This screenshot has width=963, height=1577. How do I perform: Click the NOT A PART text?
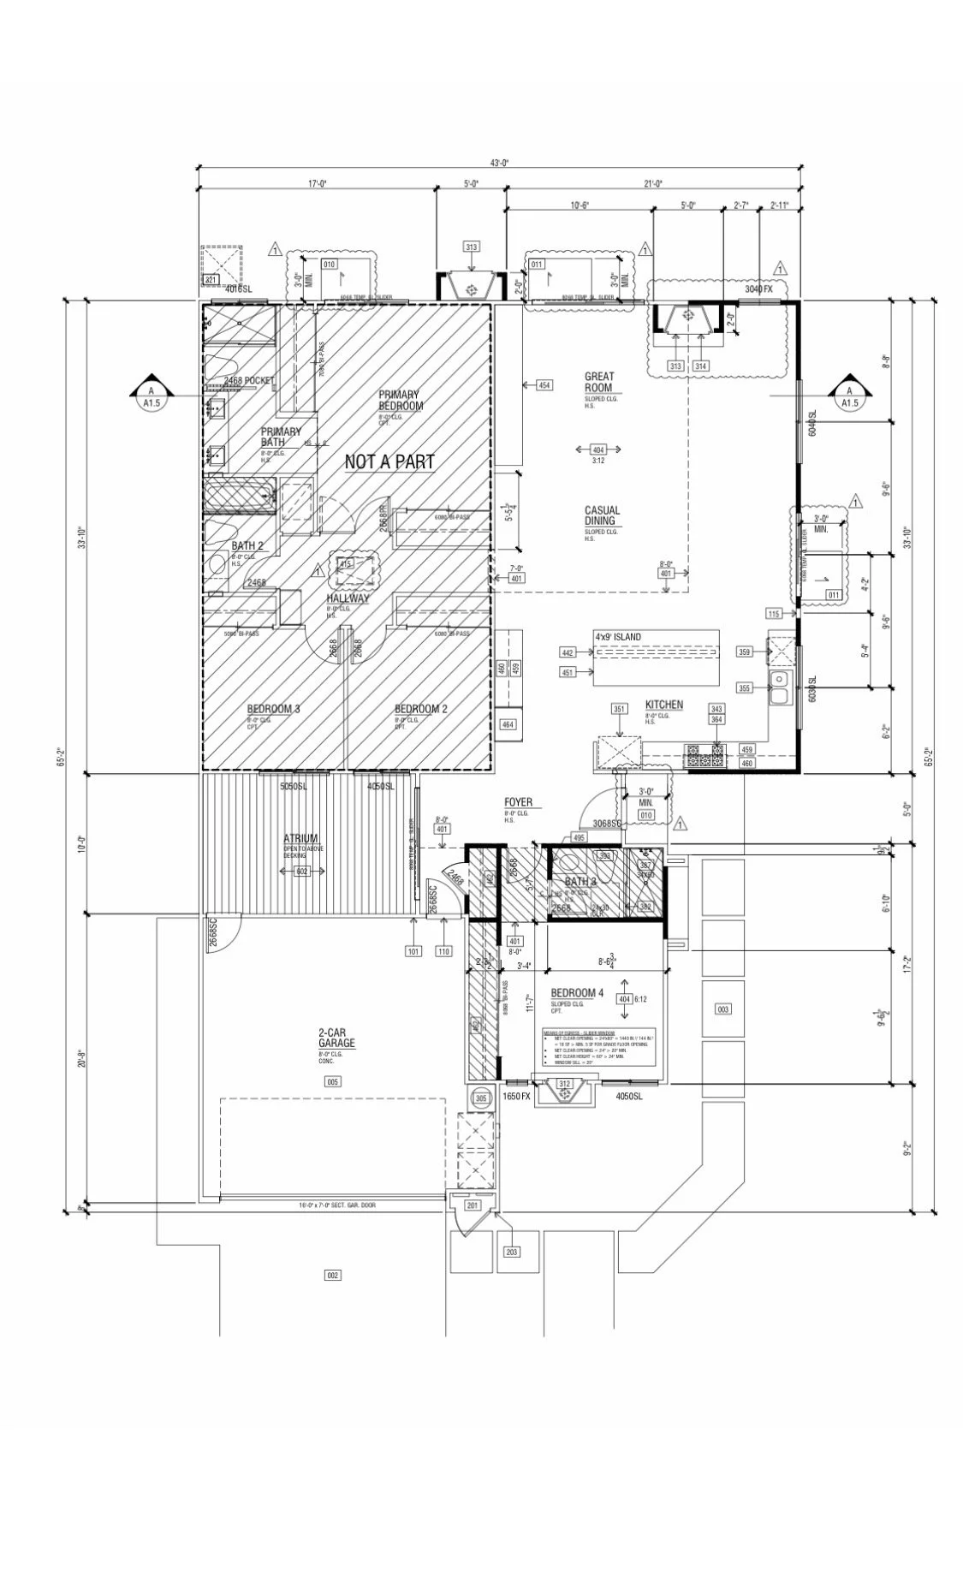(389, 462)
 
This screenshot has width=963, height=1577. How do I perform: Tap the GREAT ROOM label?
(598, 382)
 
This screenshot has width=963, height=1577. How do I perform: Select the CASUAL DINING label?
(602, 515)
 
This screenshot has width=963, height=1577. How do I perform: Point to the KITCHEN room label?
(663, 705)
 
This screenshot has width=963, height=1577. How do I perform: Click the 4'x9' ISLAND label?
(617, 637)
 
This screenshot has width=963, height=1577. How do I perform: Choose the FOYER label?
(517, 802)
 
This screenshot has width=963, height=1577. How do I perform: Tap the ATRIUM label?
(300, 838)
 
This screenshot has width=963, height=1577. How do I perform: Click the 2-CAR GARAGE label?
(336, 1038)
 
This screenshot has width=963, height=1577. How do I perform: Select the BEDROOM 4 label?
(577, 993)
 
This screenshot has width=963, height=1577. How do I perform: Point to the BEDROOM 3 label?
(273, 709)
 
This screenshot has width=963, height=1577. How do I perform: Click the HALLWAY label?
(348, 598)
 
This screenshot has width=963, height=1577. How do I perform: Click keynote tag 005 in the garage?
(333, 1081)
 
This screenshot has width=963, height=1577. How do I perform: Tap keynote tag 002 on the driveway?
(333, 1275)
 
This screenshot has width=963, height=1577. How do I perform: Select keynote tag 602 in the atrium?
(301, 872)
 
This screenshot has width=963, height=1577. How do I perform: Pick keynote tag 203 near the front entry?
(511, 1252)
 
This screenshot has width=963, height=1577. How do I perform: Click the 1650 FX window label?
(516, 1096)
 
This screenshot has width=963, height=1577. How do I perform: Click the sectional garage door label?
(336, 1205)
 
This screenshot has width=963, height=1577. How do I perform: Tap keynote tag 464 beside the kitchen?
(508, 724)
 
